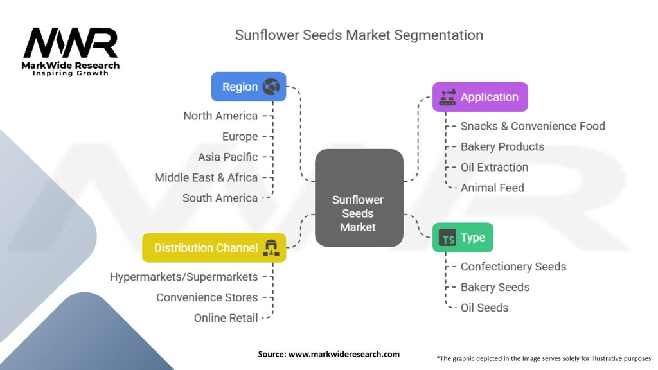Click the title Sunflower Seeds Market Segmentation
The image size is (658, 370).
359,35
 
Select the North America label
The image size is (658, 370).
220,116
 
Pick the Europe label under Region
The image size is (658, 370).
240,137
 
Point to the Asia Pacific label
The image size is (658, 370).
227,157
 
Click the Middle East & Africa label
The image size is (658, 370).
206,178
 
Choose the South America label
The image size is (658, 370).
220,198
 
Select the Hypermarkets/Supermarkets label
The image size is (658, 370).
184,277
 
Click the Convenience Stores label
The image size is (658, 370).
207,298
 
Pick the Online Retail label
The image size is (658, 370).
226,318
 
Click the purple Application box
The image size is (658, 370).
480,97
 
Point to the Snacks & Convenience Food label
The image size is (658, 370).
533,127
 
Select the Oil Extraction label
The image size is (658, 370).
494,168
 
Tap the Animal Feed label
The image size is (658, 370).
492,188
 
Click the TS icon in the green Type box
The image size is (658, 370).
447,238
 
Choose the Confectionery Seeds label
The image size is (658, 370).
513,267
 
